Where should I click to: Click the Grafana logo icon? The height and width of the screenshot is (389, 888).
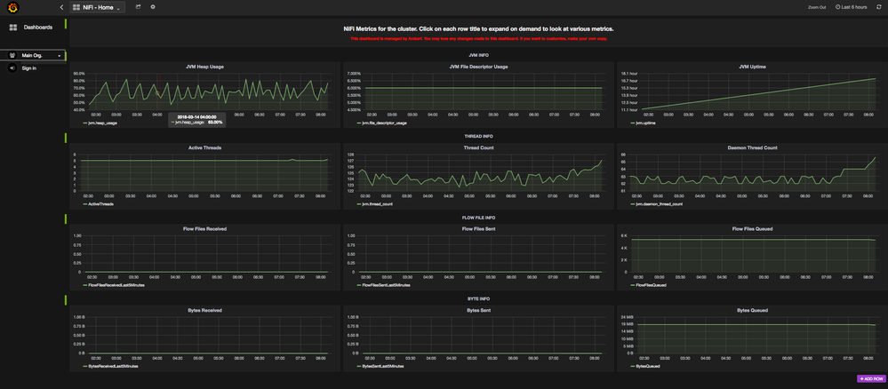pos(13,8)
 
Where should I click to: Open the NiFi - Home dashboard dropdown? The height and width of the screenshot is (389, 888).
pos(98,7)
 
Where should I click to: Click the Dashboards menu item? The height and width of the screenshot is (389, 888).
pos(36,28)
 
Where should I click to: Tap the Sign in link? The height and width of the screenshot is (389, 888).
pos(28,67)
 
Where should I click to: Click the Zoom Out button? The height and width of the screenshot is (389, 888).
pos(816,7)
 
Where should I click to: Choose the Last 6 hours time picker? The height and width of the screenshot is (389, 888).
pos(851,7)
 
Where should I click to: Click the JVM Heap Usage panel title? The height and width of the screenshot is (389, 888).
pos(205,66)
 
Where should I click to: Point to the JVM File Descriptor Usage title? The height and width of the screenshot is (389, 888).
pos(478,66)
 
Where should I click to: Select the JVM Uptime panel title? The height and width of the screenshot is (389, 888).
pos(752,66)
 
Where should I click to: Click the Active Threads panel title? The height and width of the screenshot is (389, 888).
pos(205,147)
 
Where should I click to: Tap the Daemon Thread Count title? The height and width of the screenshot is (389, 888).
pos(752,147)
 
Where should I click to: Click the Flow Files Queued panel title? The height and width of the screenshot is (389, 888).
pos(752,228)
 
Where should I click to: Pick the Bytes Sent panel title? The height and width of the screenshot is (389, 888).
pos(478,310)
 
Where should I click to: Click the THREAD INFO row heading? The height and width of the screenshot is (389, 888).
pos(478,136)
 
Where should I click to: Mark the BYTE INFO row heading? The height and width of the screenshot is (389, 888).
pos(478,299)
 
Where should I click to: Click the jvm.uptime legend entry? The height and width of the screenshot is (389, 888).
pos(647,123)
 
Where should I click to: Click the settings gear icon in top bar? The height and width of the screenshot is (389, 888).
pos(153,7)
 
